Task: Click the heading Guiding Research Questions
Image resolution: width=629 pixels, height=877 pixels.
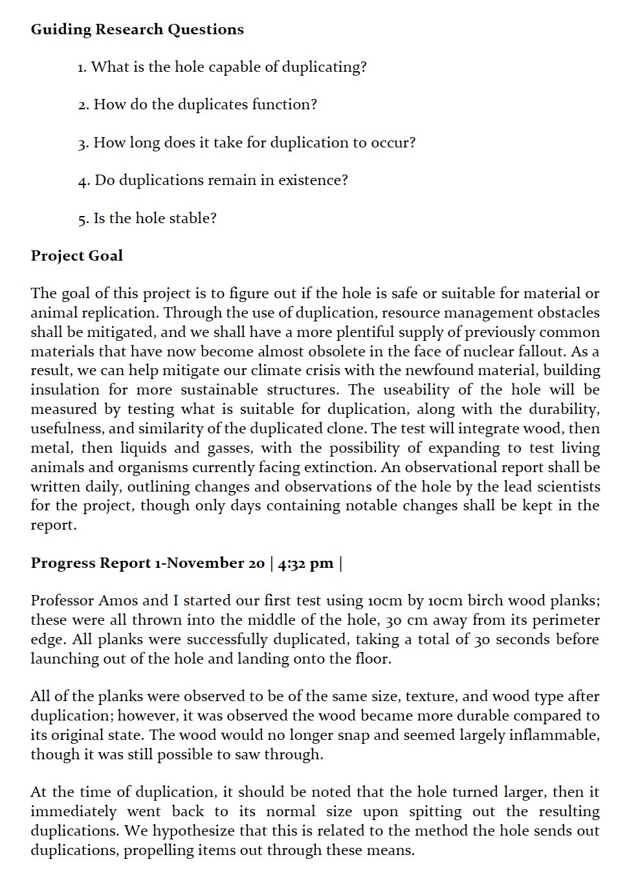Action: (137, 30)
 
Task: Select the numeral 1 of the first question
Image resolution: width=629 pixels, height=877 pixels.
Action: (81, 68)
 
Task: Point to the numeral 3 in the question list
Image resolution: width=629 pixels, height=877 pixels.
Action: (82, 144)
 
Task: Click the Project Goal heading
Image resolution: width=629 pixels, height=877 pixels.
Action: (77, 256)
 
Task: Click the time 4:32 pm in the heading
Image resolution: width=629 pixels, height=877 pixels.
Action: (305, 563)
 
